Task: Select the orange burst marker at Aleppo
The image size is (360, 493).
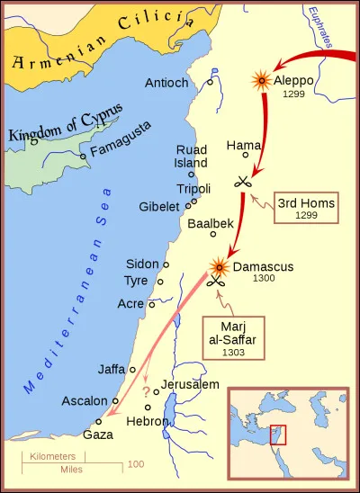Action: coord(262,81)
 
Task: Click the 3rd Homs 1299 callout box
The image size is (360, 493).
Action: coord(306,210)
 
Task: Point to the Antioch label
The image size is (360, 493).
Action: coord(166,83)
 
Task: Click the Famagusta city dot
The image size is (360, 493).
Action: coord(83,156)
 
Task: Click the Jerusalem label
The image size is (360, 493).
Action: coord(190,385)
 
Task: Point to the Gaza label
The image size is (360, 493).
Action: coord(97,434)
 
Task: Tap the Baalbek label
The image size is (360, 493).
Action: coord(210,223)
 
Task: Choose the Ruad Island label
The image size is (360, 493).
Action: coord(191,157)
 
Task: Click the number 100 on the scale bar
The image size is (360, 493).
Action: coord(135,464)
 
